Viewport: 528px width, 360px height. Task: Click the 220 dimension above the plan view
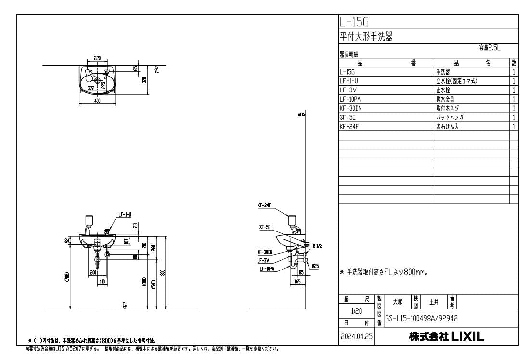point(98,58)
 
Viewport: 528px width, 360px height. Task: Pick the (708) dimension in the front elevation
point(67,278)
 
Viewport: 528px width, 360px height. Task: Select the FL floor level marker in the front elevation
point(124,305)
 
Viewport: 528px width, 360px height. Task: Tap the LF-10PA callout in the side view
point(267,269)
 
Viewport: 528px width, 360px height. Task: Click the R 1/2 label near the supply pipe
point(317,246)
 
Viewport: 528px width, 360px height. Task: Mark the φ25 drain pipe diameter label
point(315,265)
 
